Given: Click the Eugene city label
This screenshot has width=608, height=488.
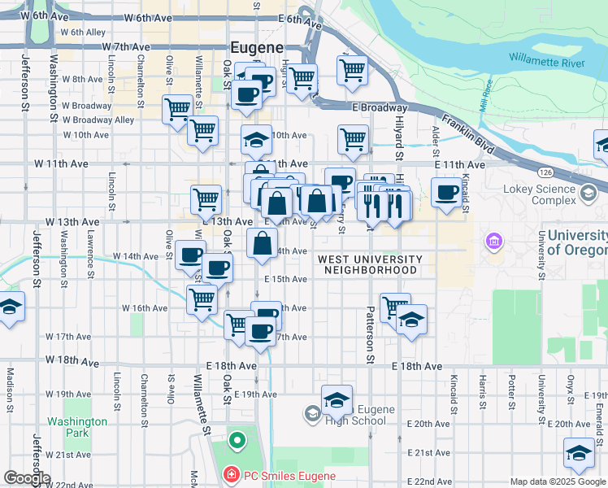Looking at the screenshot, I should (255, 47).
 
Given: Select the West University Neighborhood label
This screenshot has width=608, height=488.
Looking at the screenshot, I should (370, 264).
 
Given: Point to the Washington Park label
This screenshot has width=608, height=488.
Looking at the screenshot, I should (76, 427).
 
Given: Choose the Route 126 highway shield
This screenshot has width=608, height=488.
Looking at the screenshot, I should (545, 172).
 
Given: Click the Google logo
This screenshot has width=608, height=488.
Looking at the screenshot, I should (27, 478).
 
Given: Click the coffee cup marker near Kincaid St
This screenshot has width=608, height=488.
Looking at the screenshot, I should (446, 194).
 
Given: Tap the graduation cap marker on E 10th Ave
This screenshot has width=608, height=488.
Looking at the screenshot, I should (256, 140).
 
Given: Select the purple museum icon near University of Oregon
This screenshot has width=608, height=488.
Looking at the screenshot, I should (492, 242).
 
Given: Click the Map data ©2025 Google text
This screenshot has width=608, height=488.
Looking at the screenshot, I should (557, 481).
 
